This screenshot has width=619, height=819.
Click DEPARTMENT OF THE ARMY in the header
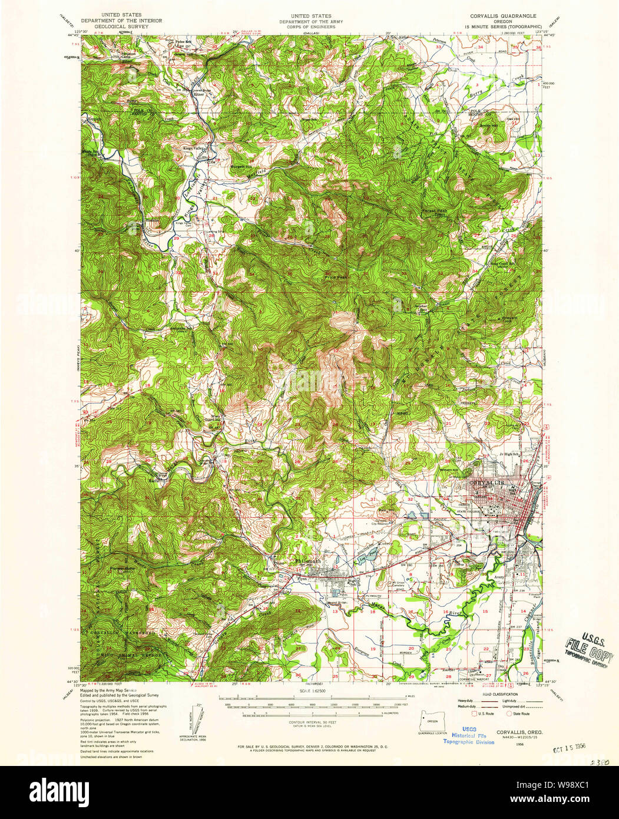(310, 21)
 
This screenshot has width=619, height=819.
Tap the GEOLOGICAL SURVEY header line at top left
(125, 27)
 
